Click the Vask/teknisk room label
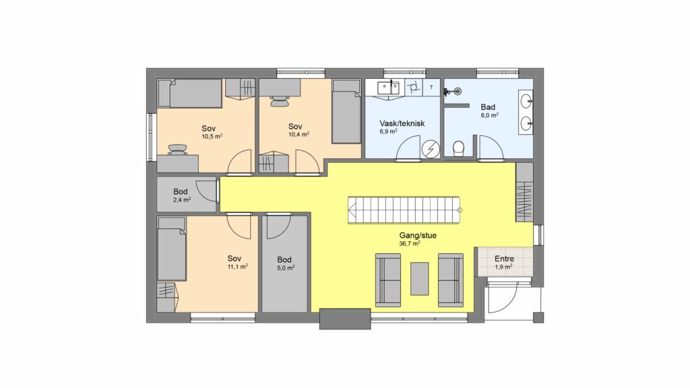tap(402, 124)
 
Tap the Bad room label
tap(488, 107)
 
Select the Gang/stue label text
tap(418, 235)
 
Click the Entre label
tap(504, 259)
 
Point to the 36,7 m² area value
tap(409, 243)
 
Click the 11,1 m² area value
tap(237, 267)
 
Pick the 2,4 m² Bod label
tap(181, 191)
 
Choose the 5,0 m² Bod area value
tap(286, 267)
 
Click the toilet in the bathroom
tap(458, 149)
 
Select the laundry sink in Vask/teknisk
tap(389, 88)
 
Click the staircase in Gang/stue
tap(404, 210)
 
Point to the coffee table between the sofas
tap(420, 279)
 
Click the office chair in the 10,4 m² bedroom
tap(280, 101)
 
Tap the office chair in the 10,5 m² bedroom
tap(177, 150)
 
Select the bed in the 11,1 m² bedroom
tap(172, 249)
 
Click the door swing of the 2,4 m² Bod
tap(204, 191)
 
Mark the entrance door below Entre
tap(501, 297)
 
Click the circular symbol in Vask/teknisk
tap(431, 149)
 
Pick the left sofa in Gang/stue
tap(388, 280)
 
